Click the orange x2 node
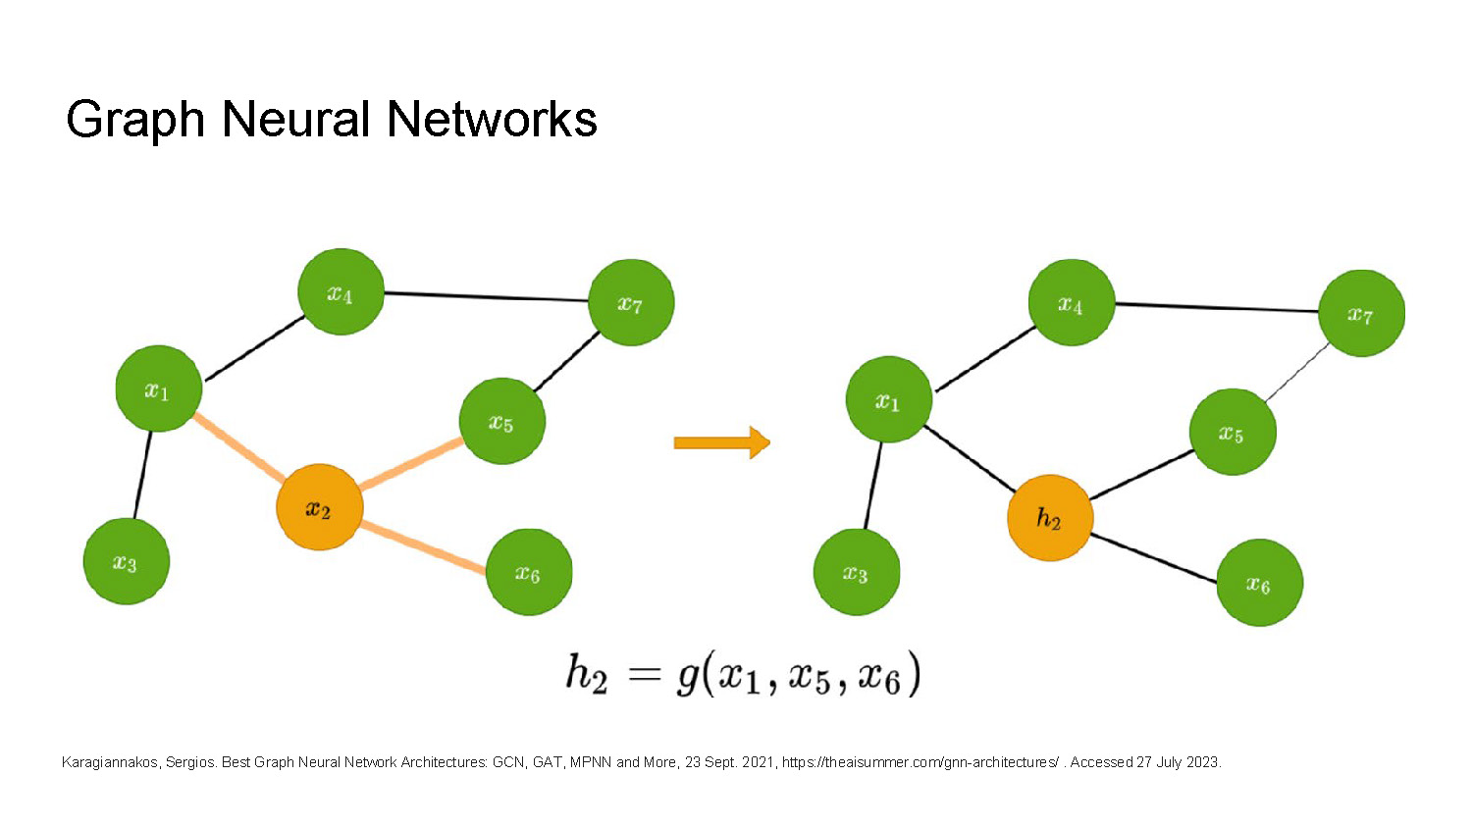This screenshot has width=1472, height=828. click(x=319, y=507)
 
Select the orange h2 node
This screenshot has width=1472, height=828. click(x=1049, y=518)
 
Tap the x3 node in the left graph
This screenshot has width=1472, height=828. click(x=126, y=562)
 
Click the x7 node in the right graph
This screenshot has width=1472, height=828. click(x=1361, y=314)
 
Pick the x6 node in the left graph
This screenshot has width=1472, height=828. click(x=528, y=573)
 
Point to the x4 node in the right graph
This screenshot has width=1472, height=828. click(x=1071, y=303)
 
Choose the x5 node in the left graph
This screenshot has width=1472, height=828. click(x=501, y=422)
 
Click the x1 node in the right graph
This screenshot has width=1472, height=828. click(x=888, y=400)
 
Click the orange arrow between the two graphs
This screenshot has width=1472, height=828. click(x=721, y=442)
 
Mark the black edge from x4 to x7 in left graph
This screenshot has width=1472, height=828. click(x=486, y=296)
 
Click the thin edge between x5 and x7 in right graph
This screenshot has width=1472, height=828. click(x=1297, y=372)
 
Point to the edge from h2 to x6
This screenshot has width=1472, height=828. click(x=1154, y=558)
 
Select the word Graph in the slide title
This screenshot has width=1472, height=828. click(x=135, y=120)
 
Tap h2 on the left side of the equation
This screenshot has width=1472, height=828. click(x=586, y=675)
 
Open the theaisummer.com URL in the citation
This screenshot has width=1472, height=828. click(x=920, y=762)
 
